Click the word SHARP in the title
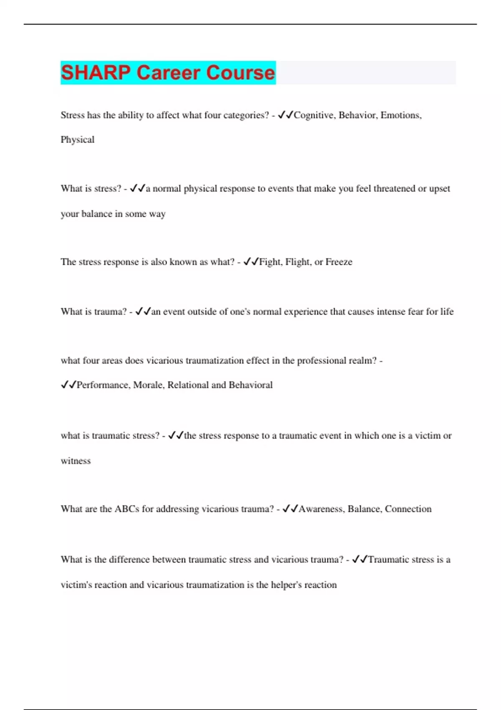pyautogui.click(x=96, y=73)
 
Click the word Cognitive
pyautogui.click(x=314, y=115)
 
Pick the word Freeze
pyautogui.click(x=339, y=262)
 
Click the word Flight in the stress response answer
pyautogui.click(x=298, y=262)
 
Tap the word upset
pyautogui.click(x=440, y=189)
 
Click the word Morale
pyautogui.click(x=148, y=385)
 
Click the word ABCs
pyautogui.click(x=127, y=509)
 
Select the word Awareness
pyautogui.click(x=321, y=509)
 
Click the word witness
pyautogui.click(x=76, y=461)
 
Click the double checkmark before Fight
pyautogui.click(x=251, y=262)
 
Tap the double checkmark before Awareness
pyautogui.click(x=290, y=509)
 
